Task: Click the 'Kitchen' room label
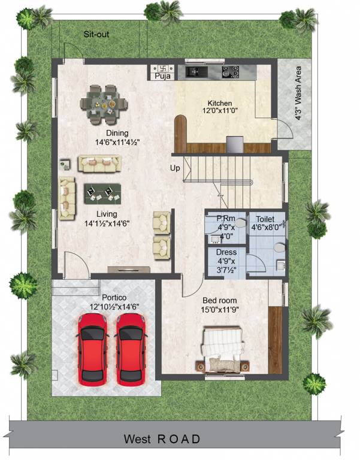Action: (x=219, y=103)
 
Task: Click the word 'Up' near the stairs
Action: (x=175, y=169)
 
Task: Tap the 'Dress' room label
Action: (x=225, y=252)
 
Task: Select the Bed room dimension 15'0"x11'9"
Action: (x=219, y=310)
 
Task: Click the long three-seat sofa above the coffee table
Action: (x=99, y=163)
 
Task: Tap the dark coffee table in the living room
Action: (x=99, y=191)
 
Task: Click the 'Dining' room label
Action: (x=117, y=133)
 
